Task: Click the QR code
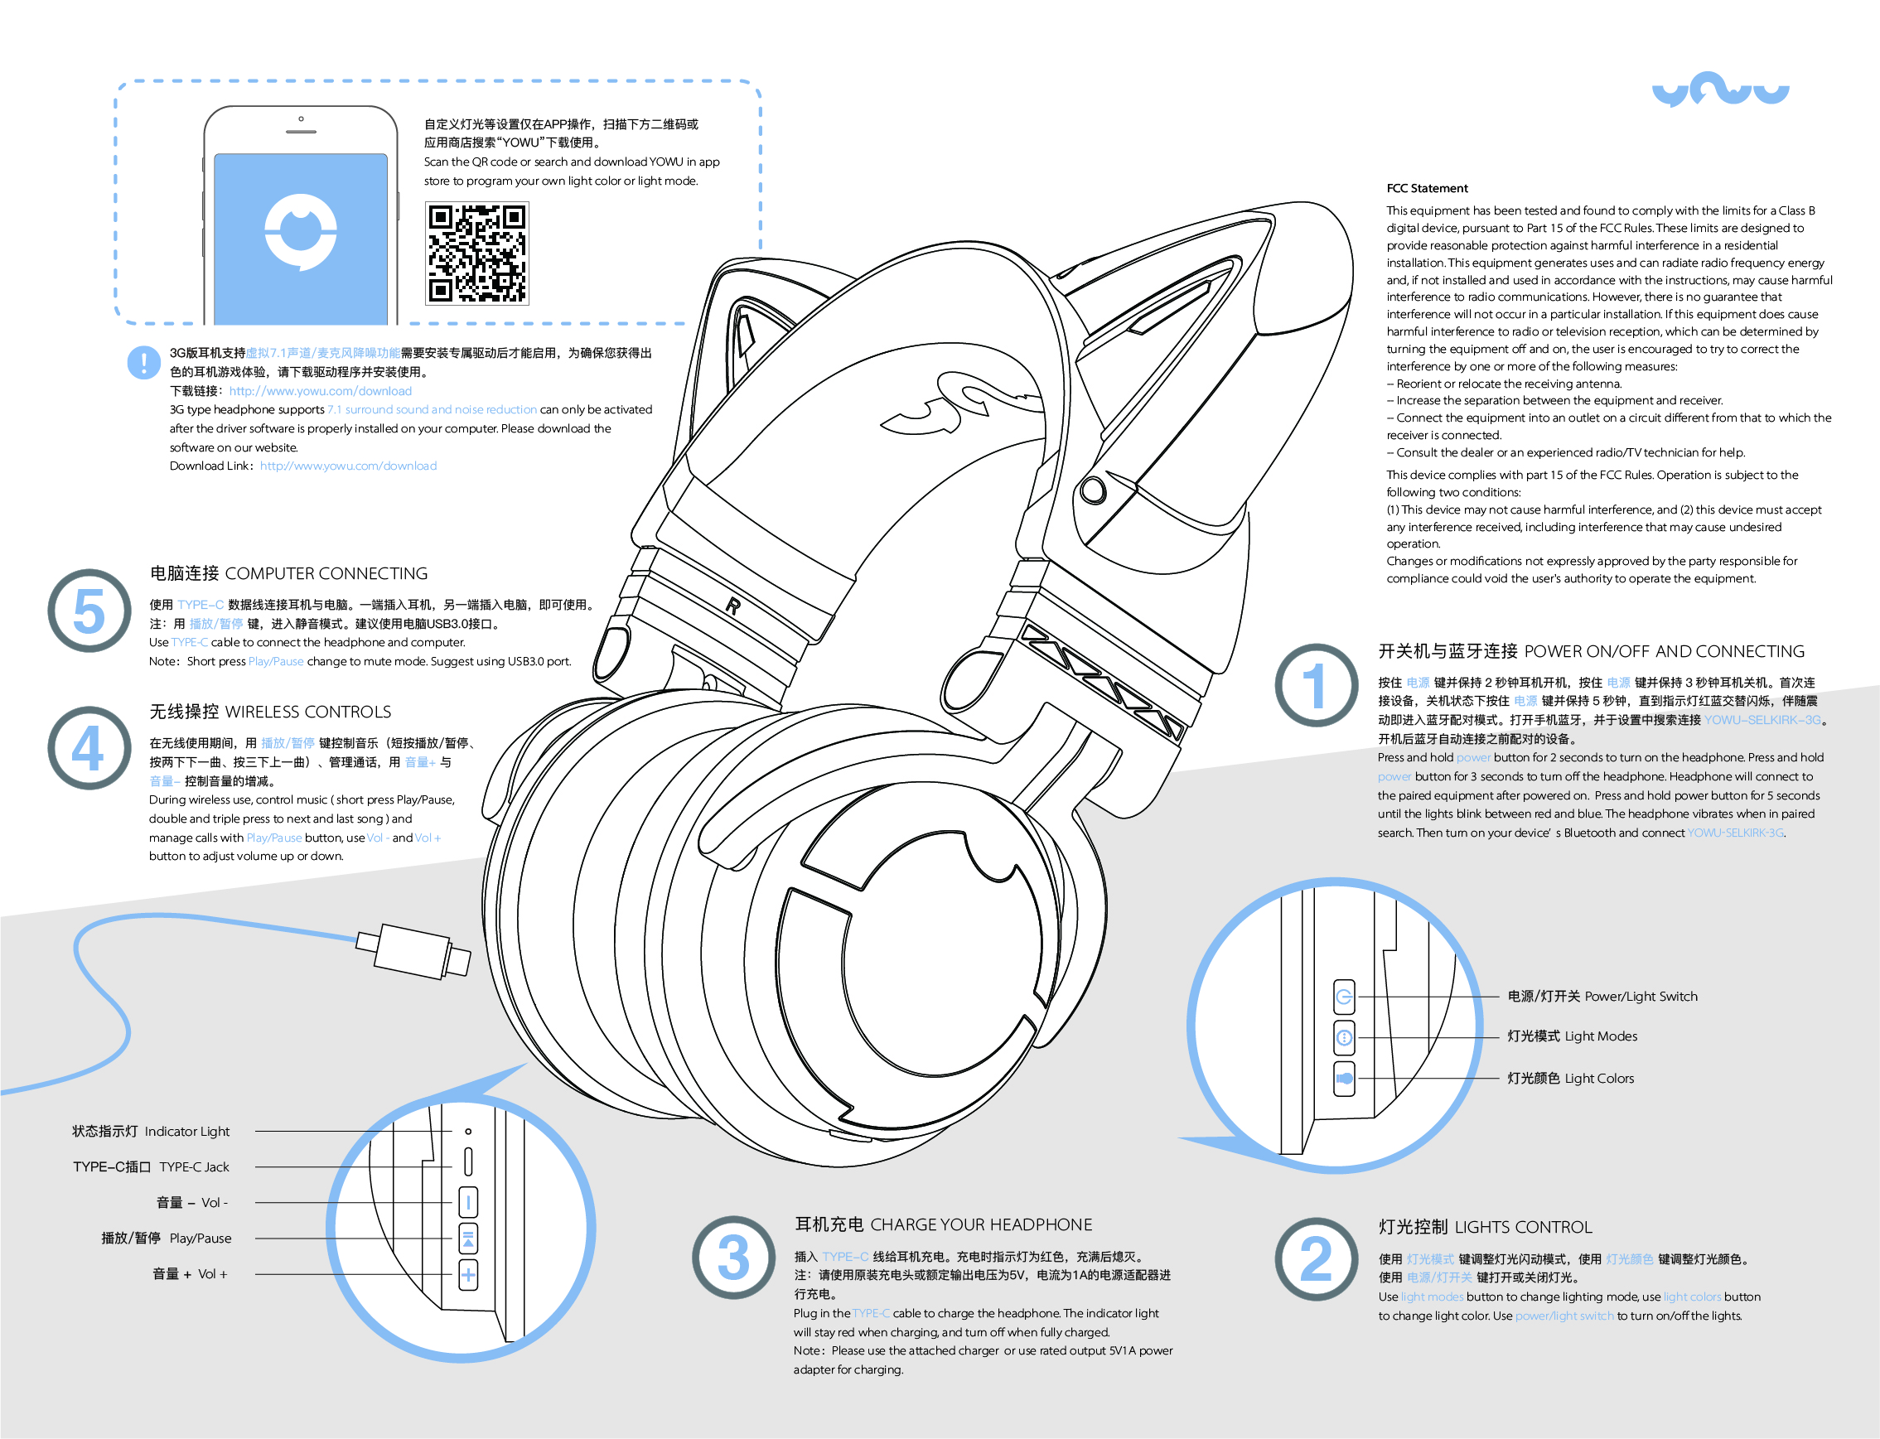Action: click(477, 254)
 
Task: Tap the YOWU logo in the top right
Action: click(1720, 90)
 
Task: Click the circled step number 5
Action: click(89, 611)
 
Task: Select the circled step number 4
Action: click(89, 748)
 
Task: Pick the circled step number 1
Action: click(1316, 685)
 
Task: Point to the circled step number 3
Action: click(733, 1257)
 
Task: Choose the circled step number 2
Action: click(1316, 1258)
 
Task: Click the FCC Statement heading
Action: click(1426, 188)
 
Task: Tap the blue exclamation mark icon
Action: click(143, 361)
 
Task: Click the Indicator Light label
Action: click(151, 1132)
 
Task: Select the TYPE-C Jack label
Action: click(151, 1166)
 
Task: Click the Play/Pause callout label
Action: click(167, 1238)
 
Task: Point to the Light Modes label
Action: click(1572, 1036)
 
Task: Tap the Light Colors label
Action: click(1570, 1079)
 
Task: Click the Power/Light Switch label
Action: click(1602, 996)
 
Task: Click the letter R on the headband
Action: click(733, 606)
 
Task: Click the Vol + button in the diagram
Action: click(467, 1274)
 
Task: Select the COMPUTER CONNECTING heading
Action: click(288, 573)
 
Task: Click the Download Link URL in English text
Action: click(348, 466)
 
